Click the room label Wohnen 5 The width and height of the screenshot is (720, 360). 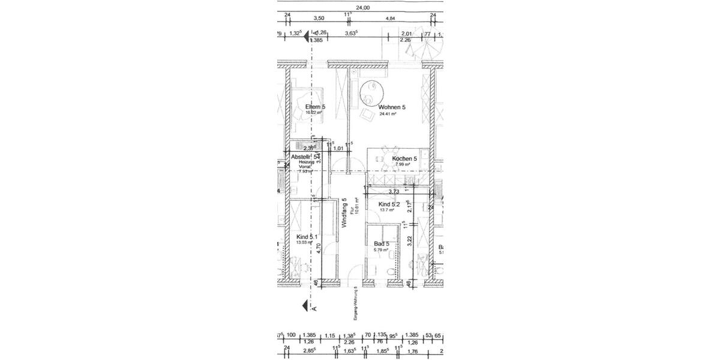(392, 107)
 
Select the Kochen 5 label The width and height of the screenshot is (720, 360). (404, 159)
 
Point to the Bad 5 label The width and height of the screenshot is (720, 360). (381, 244)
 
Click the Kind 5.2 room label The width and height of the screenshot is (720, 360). (389, 205)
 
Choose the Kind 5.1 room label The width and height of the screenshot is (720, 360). (307, 237)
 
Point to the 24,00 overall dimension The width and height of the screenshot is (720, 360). (362, 8)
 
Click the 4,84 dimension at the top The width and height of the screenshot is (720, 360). (390, 19)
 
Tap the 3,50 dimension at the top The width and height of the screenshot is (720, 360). (319, 19)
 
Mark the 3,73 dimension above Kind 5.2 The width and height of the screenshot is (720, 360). (394, 191)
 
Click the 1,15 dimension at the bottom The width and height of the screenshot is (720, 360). (331, 336)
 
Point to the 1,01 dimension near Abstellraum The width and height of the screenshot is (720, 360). (338, 148)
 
